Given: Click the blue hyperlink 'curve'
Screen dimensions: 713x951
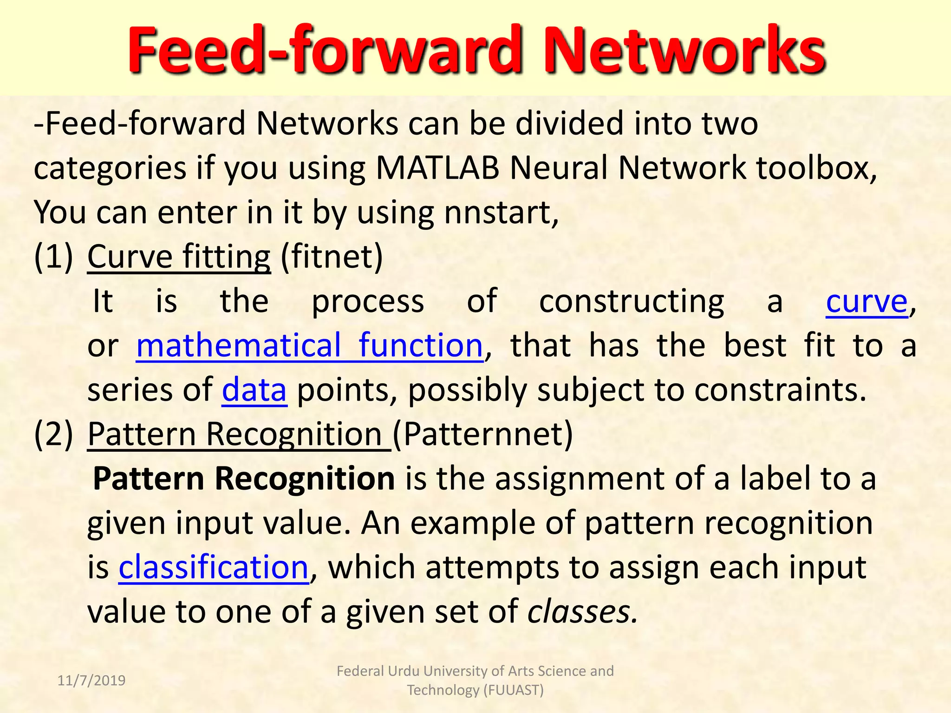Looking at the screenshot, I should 866,302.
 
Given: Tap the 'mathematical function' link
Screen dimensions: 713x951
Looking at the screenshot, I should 309,346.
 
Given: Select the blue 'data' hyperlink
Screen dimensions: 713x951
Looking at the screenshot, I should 254,390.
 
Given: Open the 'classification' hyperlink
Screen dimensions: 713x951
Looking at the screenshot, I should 214,567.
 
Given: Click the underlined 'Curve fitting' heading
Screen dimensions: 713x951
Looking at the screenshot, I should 179,257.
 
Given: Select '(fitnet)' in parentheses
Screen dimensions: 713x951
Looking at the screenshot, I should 332,257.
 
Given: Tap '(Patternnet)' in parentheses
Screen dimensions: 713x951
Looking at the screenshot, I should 483,434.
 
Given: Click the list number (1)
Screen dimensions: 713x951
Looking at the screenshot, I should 53,257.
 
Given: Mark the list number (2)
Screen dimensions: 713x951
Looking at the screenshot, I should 53,434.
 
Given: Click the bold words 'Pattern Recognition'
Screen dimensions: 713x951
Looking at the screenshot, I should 244,479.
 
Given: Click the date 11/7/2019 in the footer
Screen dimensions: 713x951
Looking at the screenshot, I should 91,681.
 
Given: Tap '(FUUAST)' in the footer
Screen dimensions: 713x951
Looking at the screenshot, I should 513,690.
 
